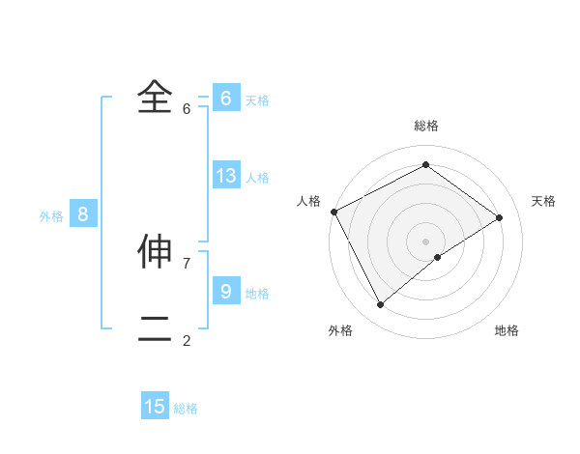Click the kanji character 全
[x=155, y=97]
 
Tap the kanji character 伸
[x=155, y=250]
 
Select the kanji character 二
[x=155, y=328]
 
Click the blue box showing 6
[x=225, y=99]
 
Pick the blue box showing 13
[x=225, y=176]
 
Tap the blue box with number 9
[x=225, y=290]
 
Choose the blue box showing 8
[x=82, y=214]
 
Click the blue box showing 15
[x=155, y=407]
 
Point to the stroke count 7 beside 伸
[x=187, y=263]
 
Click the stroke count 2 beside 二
[x=187, y=340]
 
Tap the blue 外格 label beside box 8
[x=51, y=217]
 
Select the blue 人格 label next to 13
[x=257, y=178]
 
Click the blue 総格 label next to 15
[x=186, y=409]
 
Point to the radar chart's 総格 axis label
[x=426, y=126]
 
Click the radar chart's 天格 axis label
[x=544, y=201]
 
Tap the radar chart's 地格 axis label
[x=507, y=330]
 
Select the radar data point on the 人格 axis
[x=333, y=212]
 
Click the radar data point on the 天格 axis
[x=500, y=217]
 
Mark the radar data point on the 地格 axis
[x=439, y=257]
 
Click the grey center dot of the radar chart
[x=426, y=241]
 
